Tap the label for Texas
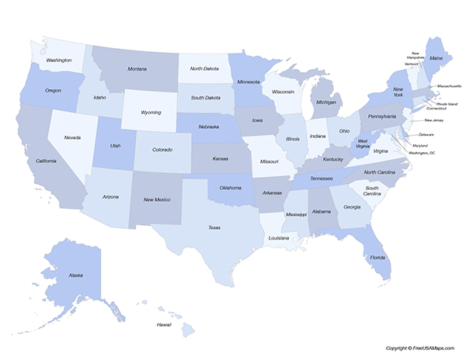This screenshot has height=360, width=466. (x=214, y=227)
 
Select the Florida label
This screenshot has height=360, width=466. (x=377, y=256)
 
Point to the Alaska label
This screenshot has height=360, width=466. (x=75, y=275)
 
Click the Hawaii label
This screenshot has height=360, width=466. (x=164, y=324)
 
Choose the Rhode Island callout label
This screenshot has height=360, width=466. (x=447, y=102)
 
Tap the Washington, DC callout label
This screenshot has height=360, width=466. (x=422, y=153)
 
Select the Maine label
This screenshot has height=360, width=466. (x=436, y=58)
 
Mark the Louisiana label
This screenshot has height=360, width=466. (x=279, y=239)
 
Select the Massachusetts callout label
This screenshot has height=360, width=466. (x=449, y=85)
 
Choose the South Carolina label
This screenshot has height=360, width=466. (x=372, y=190)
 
